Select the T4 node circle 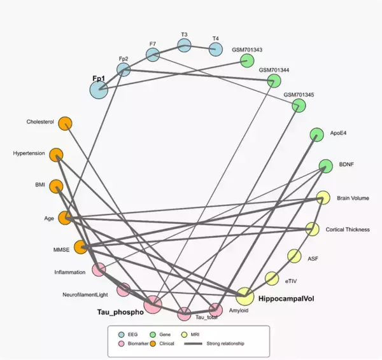click(x=215, y=50)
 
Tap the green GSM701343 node click(x=247, y=61)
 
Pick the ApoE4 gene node click(x=316, y=135)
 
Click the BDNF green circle click(x=325, y=167)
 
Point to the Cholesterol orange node click(x=65, y=123)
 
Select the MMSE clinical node click(x=81, y=247)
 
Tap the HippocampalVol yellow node click(x=244, y=296)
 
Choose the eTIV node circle click(x=272, y=279)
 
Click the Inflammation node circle click(x=99, y=270)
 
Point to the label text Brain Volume click(x=352, y=198)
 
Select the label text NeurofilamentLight click(x=87, y=294)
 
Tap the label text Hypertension click(x=29, y=153)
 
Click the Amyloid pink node click(x=216, y=310)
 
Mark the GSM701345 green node click(x=299, y=106)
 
